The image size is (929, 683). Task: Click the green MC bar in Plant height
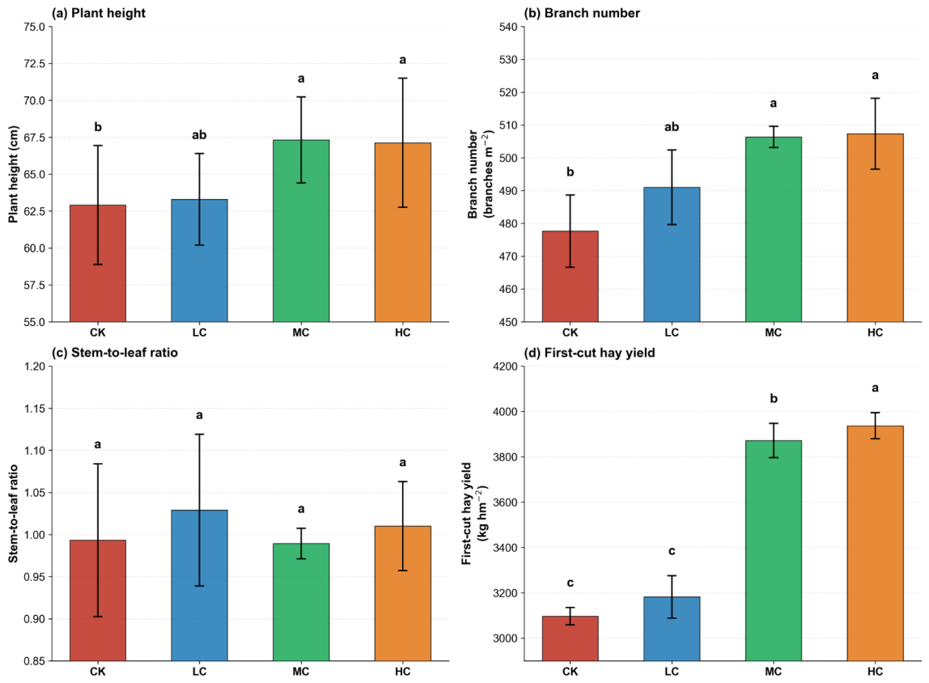click(301, 231)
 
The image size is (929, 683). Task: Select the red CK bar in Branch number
click(570, 277)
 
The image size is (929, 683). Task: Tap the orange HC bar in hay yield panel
click(875, 543)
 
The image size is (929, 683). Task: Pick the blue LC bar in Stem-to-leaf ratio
click(200, 585)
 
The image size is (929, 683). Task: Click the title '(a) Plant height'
click(99, 13)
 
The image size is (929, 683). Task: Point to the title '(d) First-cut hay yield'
click(589, 353)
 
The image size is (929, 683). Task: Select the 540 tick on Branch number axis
click(509, 27)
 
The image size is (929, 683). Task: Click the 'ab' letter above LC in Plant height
click(199, 135)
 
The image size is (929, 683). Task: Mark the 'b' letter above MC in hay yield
click(773, 399)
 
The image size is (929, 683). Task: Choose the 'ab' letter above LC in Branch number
click(672, 127)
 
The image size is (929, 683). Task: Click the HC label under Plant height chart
click(403, 333)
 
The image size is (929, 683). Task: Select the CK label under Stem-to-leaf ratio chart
click(98, 672)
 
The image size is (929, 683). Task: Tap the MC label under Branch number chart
click(773, 333)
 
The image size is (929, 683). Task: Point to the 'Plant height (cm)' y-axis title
click(13, 174)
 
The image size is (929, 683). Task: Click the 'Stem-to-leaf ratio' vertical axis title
click(13, 514)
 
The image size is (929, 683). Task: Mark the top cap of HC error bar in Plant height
click(403, 78)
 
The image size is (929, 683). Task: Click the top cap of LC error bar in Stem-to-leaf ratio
click(200, 435)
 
